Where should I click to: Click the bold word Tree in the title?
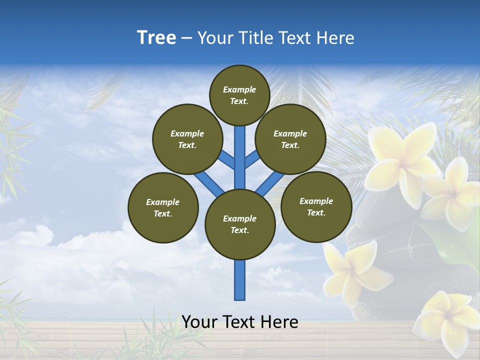[156, 38]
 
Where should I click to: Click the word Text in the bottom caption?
[240, 322]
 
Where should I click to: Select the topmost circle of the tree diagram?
[239, 95]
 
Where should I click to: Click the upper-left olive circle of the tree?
[187, 139]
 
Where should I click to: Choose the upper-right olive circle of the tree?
[290, 139]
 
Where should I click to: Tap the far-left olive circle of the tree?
[163, 207]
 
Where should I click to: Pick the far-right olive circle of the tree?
[316, 206]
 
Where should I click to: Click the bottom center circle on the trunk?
[240, 224]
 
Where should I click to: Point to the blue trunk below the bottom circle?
[240, 282]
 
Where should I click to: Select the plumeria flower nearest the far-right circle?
[355, 270]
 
